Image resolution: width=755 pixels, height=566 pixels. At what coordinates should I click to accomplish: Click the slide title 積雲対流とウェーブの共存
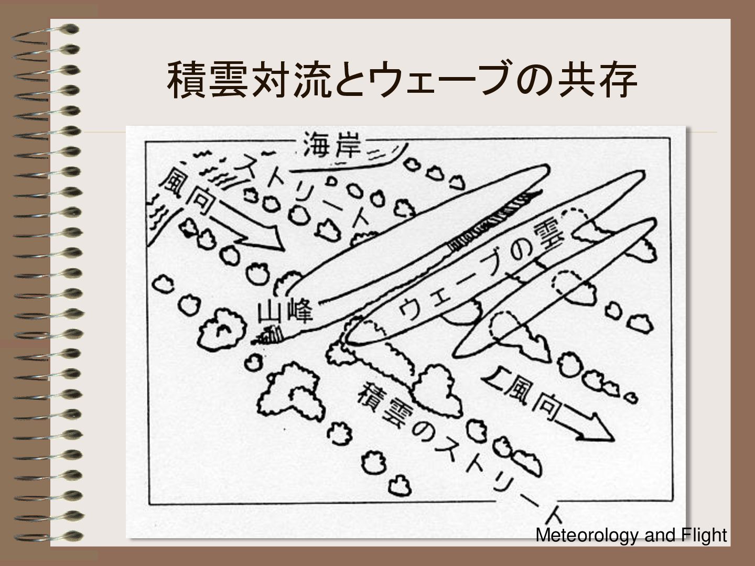402,80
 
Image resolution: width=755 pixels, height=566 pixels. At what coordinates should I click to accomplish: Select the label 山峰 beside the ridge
285,312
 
